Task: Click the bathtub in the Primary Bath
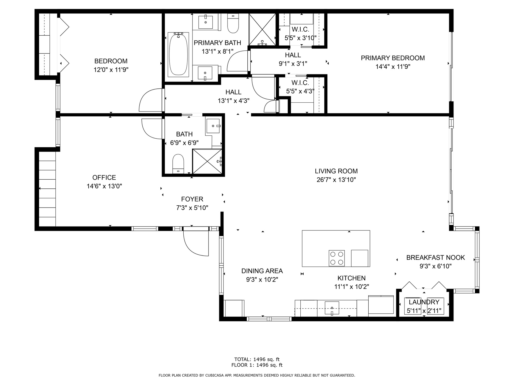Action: [178, 54]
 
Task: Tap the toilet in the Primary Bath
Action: [233, 23]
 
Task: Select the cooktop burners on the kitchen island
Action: [337, 258]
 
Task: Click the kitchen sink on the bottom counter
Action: [332, 308]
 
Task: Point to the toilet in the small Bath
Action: [178, 164]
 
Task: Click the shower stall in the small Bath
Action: [207, 161]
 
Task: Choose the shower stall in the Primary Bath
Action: [262, 29]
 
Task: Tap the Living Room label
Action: [336, 171]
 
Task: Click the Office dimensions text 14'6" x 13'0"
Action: [104, 186]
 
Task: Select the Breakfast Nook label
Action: [436, 258]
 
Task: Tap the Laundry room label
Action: [424, 302]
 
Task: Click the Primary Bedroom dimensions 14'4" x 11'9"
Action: [393, 66]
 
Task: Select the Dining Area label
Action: [262, 271]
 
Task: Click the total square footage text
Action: [257, 359]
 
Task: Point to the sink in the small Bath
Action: [213, 126]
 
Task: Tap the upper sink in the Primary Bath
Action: [206, 22]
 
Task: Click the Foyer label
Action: [192, 199]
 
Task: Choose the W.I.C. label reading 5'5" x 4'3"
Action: [300, 87]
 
